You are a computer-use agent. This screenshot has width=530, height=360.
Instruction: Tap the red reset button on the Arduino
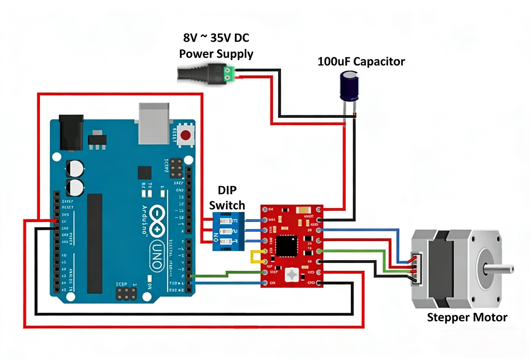tap(186, 135)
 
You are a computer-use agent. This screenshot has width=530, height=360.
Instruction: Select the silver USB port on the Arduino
tap(154, 123)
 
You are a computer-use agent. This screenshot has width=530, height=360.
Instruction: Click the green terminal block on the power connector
tap(229, 74)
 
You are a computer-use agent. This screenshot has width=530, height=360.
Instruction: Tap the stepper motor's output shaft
tap(499, 270)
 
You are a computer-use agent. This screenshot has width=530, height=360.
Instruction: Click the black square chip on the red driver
tap(286, 246)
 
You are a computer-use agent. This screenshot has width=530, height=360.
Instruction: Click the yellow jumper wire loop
tap(256, 257)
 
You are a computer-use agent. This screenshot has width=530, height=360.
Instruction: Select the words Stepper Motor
tap(467, 317)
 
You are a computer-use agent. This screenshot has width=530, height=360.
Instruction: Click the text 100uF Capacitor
tap(361, 61)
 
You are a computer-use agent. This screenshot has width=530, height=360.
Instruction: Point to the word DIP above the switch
tap(227, 190)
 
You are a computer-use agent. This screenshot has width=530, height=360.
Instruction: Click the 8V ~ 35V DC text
tap(216, 38)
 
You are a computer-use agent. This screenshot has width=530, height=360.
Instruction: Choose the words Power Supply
tap(216, 54)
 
